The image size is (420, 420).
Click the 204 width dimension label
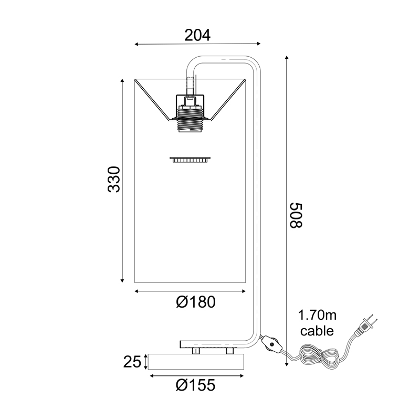coord(197,35)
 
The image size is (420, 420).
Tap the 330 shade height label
coord(113,180)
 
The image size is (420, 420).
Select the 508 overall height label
coord(296,215)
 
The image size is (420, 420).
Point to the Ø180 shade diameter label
coord(196,302)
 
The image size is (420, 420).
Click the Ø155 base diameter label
coord(195,385)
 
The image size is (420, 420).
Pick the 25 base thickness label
coord(132,362)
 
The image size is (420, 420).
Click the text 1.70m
coord(317,316)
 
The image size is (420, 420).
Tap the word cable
coord(317,331)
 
